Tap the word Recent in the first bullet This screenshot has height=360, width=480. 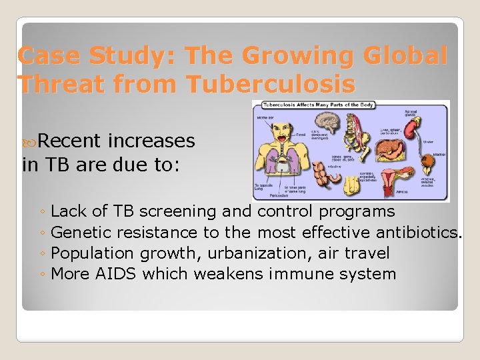69,141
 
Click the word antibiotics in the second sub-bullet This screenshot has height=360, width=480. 418,233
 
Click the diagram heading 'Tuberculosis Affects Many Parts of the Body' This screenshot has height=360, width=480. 310,105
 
